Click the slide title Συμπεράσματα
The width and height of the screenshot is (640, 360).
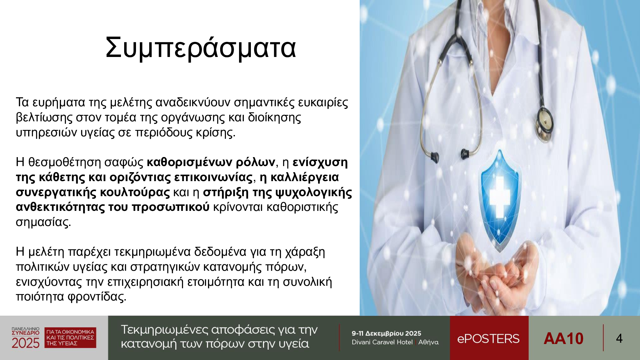[201, 48]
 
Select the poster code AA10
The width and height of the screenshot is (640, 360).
[564, 339]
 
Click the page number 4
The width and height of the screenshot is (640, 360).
[619, 339]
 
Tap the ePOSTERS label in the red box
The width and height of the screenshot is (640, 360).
[488, 339]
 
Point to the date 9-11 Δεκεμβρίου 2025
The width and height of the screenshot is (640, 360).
[386, 333]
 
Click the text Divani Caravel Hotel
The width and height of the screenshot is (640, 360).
[382, 342]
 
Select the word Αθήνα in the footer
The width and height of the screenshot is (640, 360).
[428, 342]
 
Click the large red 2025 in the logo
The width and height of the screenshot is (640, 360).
[26, 343]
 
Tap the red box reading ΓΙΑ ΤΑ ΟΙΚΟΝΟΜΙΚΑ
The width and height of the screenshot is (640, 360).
[70, 338]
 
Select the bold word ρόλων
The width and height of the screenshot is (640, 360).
[255, 162]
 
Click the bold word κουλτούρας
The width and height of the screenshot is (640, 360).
[135, 192]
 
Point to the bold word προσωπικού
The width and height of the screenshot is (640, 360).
[171, 207]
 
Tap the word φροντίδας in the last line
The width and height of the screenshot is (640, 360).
[97, 297]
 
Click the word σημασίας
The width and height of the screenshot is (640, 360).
[43, 222]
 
